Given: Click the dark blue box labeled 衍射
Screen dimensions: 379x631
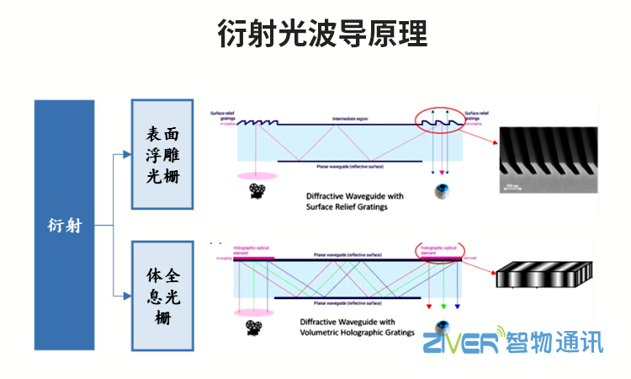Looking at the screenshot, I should [64, 225].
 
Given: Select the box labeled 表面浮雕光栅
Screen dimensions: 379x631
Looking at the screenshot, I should [162, 154].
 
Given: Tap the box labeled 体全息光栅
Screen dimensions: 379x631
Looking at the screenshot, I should [162, 296].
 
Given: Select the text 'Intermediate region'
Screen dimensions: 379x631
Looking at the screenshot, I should [349, 119].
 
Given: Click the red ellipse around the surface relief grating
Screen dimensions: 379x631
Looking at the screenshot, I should [440, 121].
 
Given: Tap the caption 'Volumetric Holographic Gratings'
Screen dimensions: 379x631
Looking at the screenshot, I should [357, 332].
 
